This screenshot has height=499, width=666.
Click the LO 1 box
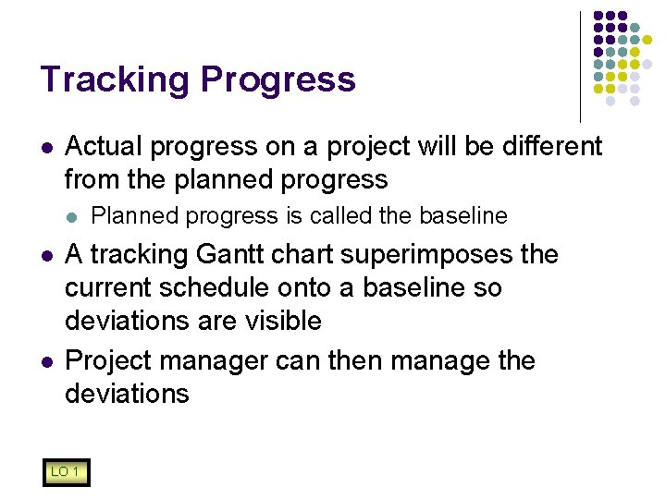click(x=65, y=473)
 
